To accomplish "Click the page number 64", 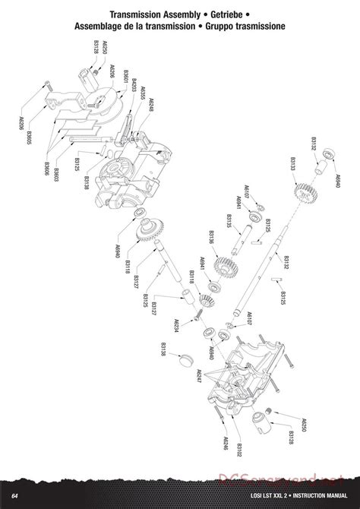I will [14, 496].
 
